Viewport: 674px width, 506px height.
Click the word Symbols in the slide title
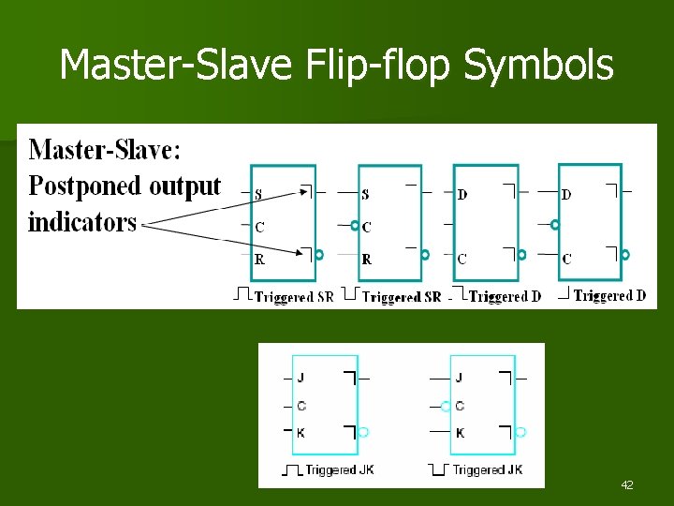538,66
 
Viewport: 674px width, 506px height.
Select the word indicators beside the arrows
82,222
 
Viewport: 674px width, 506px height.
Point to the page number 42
627,485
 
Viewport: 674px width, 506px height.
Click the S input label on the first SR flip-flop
259,194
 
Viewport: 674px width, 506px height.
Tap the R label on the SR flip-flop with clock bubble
366,259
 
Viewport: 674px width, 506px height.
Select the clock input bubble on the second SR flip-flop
355,226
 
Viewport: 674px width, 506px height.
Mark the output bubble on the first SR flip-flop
319,254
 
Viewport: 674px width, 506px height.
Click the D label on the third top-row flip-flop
462,195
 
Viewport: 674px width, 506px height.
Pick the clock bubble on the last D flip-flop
554,225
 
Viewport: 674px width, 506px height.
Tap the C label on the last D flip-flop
567,259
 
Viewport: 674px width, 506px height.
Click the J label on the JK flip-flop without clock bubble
300,378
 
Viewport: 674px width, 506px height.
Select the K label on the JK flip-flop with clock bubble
460,433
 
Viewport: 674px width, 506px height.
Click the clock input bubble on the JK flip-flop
447,406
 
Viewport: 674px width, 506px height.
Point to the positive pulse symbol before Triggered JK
292,469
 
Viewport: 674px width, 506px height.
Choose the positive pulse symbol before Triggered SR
242,296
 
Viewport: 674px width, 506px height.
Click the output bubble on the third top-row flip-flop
522,254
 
